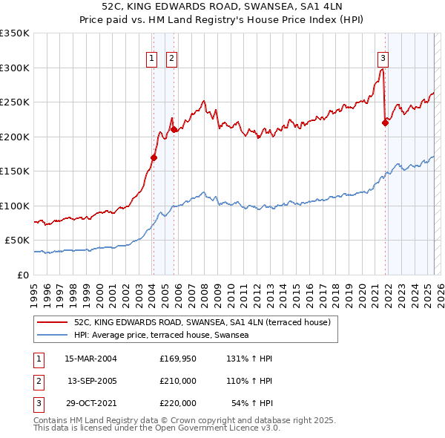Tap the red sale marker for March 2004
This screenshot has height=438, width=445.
154,157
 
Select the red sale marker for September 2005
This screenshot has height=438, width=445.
174,129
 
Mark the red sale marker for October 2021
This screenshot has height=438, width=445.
386,123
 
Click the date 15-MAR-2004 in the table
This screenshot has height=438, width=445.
91,359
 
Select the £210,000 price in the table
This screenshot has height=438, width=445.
177,381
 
